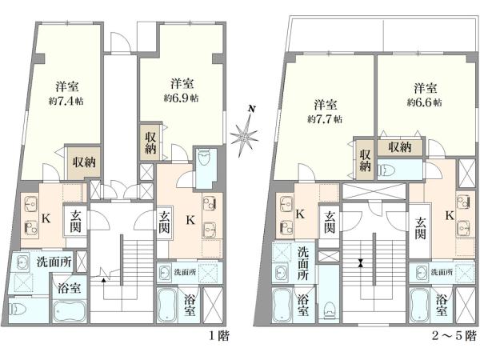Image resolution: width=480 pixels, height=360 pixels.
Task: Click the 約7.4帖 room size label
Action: coord(66,101)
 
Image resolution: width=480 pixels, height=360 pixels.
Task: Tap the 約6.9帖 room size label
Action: coord(181,98)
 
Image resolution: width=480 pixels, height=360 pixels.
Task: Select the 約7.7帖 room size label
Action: coord(325,118)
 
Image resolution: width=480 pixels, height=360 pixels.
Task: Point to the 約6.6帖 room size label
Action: coord(424,102)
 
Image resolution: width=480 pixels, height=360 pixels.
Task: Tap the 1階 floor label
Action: coord(218,337)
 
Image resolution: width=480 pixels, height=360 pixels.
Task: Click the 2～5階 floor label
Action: coord(454,337)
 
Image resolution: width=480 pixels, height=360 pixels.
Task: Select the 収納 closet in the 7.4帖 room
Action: coord(84,163)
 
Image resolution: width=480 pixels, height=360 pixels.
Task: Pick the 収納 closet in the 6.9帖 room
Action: coord(150,142)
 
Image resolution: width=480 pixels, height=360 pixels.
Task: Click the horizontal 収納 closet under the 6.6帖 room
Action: coord(400,147)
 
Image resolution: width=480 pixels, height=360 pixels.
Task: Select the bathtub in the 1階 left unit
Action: coord(70,311)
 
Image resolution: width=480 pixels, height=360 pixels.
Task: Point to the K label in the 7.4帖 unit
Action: coord(46,218)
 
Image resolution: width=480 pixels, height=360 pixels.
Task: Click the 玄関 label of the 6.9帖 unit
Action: coord(164,222)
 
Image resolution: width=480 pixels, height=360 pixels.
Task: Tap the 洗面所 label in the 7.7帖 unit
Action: coord(303,263)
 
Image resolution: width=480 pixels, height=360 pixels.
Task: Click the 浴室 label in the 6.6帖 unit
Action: coord(442,305)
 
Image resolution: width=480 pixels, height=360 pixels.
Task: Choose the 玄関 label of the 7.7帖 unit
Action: coord(330,222)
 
